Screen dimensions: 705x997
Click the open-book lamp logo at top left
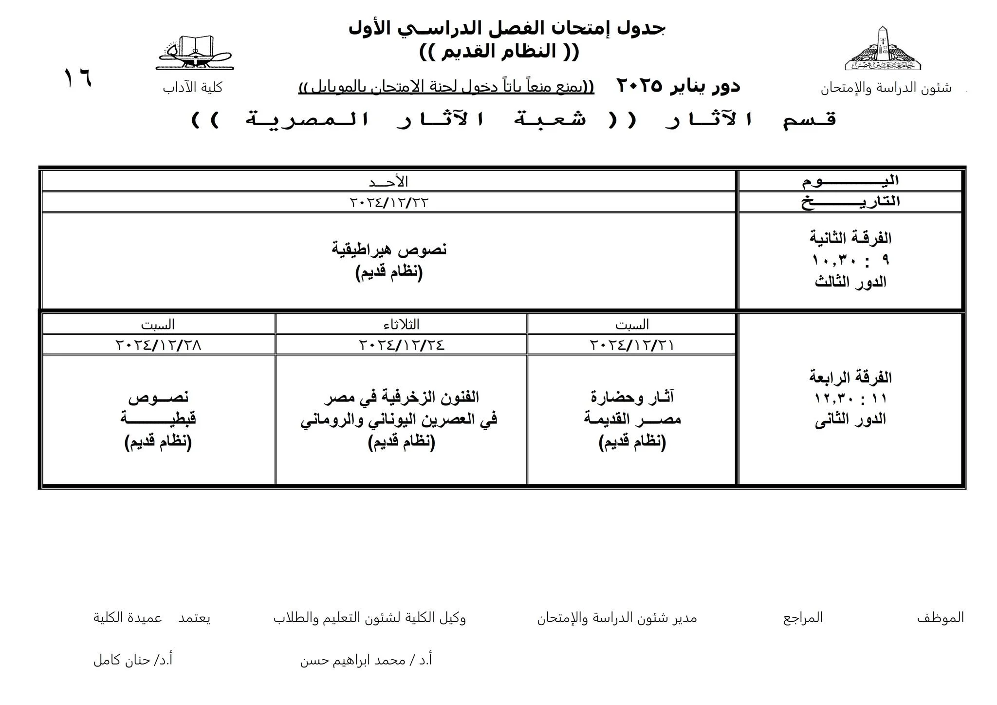click(x=195, y=53)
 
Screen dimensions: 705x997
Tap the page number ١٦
click(x=78, y=78)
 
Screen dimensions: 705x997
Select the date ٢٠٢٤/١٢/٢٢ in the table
click(x=388, y=202)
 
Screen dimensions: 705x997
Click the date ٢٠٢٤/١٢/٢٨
click(x=158, y=345)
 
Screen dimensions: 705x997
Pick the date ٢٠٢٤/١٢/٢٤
click(x=402, y=345)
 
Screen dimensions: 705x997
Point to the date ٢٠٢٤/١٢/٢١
click(x=631, y=345)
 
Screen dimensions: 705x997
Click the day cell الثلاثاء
click(x=402, y=324)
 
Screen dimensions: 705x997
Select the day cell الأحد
click(x=388, y=182)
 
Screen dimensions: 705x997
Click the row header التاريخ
click(x=850, y=202)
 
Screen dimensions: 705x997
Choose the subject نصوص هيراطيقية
click(x=389, y=249)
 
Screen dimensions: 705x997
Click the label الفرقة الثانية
click(x=850, y=238)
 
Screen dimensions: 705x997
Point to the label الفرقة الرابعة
click(x=850, y=377)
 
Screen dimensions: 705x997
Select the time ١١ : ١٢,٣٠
click(x=850, y=399)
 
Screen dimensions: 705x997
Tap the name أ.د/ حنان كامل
click(x=133, y=660)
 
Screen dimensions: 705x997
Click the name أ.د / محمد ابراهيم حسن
click(x=366, y=660)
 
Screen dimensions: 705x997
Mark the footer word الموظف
click(x=940, y=618)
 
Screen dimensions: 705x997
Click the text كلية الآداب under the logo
click(x=193, y=88)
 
